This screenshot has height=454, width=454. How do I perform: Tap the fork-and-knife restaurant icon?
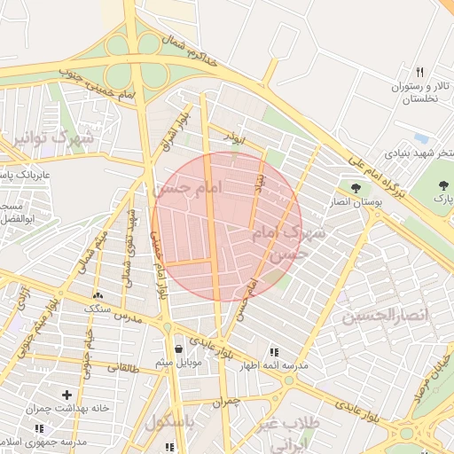(419, 72)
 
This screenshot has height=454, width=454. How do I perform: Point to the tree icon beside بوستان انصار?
(356, 188)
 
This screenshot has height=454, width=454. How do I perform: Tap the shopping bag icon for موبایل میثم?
(180, 348)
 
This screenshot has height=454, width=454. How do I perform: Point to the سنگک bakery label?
(97, 308)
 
